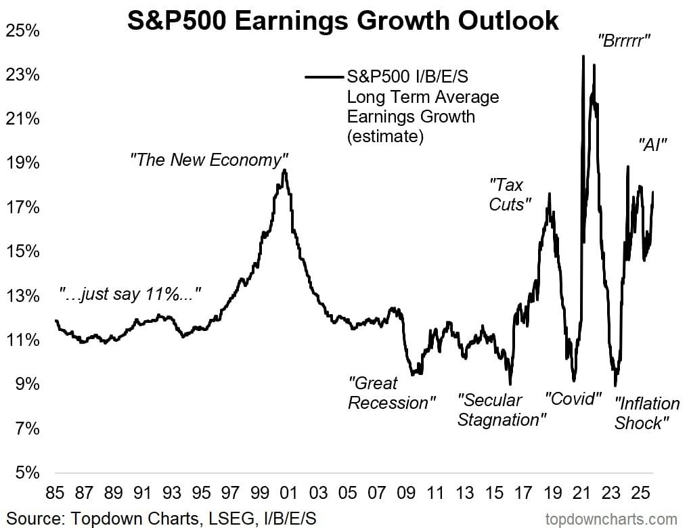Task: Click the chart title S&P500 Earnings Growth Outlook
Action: click(x=344, y=20)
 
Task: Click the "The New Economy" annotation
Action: click(x=205, y=160)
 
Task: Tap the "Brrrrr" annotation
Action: click(x=623, y=40)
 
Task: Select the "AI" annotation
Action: click(x=653, y=144)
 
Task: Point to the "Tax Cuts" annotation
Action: click(x=509, y=194)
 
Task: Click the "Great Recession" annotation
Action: click(x=388, y=393)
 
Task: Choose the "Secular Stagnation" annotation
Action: click(x=502, y=410)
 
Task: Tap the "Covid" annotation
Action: click(x=573, y=398)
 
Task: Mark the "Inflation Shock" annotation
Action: click(x=646, y=414)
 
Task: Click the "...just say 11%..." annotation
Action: click(x=130, y=294)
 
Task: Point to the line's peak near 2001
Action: click(x=285, y=171)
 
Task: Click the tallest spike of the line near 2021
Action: click(x=583, y=56)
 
